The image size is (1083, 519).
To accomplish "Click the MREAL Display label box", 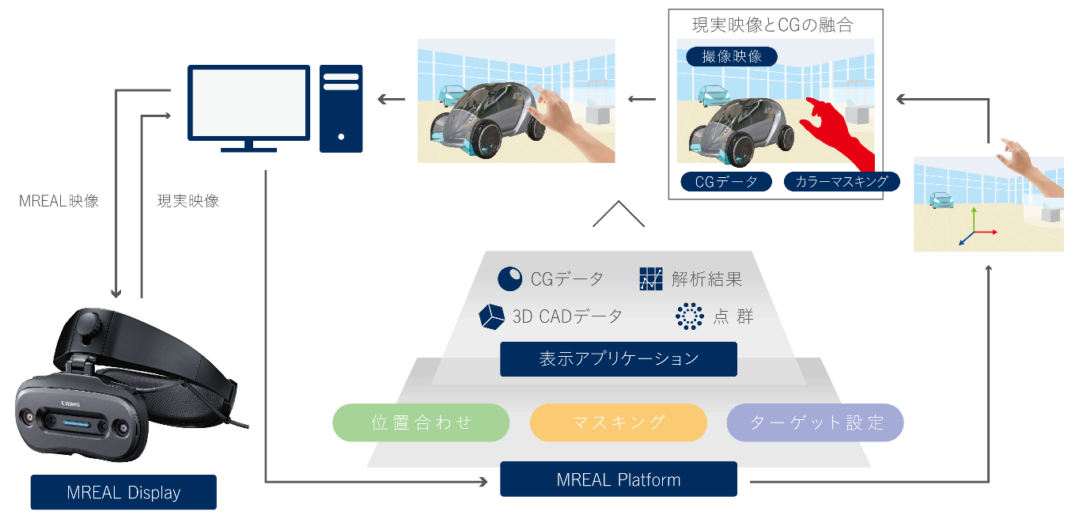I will click(x=123, y=492).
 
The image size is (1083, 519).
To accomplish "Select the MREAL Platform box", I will click(x=618, y=479).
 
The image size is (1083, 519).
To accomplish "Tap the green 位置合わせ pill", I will click(x=421, y=422).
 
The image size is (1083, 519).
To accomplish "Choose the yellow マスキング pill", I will click(x=618, y=422).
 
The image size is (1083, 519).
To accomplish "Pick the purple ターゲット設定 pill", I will click(x=815, y=422).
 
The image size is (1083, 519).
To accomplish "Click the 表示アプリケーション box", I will click(x=618, y=358).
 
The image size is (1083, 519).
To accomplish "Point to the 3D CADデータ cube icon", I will click(x=492, y=316).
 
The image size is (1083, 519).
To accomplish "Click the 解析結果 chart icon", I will click(x=650, y=279).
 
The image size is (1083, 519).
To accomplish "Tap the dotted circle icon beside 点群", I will click(x=690, y=316).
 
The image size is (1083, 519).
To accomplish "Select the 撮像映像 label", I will click(x=732, y=57).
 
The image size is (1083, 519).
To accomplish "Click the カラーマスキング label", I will click(x=842, y=182).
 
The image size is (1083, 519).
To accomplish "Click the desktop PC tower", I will click(x=341, y=108).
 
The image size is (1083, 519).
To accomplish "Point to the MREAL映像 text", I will click(x=59, y=201).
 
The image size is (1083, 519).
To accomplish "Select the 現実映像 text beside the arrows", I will click(x=188, y=201).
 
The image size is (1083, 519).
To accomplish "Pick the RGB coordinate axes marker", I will click(x=974, y=230).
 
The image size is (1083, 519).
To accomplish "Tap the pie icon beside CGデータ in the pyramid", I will click(x=509, y=279).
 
